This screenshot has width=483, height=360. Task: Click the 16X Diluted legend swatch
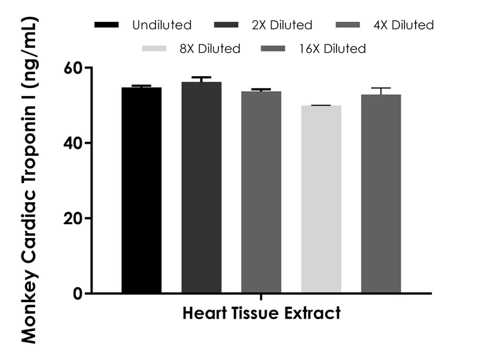[274, 48]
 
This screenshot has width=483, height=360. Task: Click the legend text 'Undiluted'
[162, 25]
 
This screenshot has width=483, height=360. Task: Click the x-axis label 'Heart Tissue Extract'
[262, 313]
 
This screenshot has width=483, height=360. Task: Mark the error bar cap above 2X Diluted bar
[201, 77]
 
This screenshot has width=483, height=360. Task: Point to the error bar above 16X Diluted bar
[381, 90]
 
